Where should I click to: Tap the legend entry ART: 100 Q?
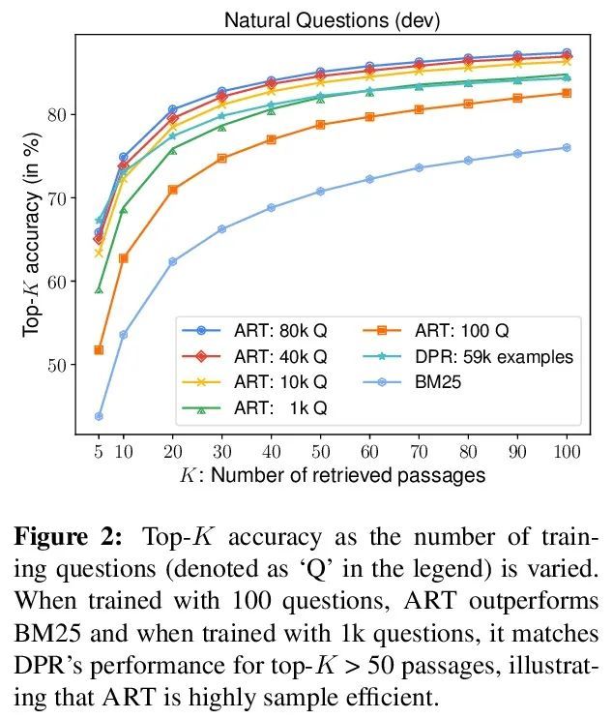coord(469,331)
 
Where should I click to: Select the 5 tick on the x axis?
coord(99,451)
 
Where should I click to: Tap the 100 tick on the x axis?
coord(567,451)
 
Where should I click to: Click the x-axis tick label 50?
coord(320,451)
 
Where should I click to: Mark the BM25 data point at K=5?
coord(99,416)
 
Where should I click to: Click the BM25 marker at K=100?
coord(567,148)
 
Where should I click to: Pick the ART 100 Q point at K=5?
coord(99,349)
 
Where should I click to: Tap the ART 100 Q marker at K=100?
coord(567,93)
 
